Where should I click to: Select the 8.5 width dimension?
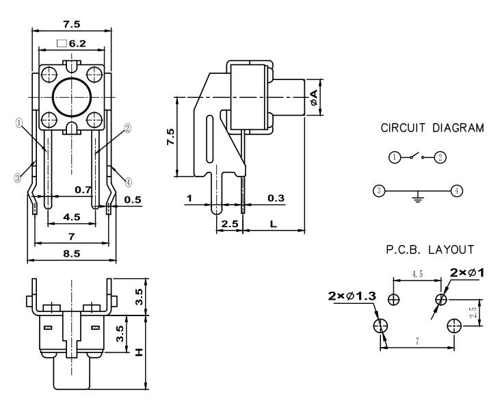(71, 253)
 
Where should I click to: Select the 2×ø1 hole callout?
(468, 272)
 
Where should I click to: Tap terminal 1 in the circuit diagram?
(394, 157)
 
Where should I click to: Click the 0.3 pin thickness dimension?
(277, 198)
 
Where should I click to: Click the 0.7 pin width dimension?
(83, 188)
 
